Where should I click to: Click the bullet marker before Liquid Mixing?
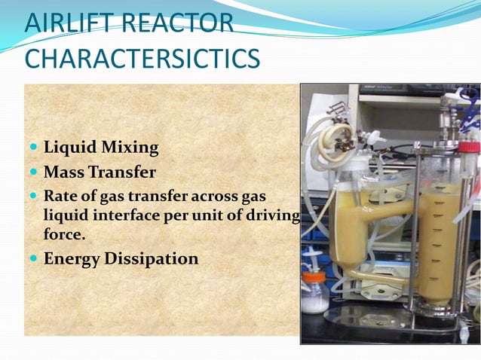coord(34,146)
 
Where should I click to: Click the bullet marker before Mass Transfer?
coord(34,172)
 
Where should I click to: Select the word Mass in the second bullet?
coord(63,172)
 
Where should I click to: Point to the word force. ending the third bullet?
coord(64,234)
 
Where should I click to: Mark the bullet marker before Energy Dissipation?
coord(34,259)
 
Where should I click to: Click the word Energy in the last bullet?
coord(74,259)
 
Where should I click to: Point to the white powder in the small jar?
coord(315,300)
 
